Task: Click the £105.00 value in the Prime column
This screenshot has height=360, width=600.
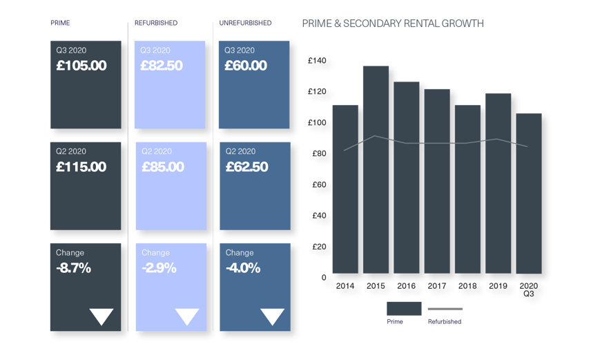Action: (x=81, y=66)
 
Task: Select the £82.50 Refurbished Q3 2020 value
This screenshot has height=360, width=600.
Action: (x=162, y=66)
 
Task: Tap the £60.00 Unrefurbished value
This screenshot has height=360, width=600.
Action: (x=246, y=66)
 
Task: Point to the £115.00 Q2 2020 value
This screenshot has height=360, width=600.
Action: (x=81, y=167)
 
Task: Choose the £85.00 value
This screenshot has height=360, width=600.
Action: (x=163, y=167)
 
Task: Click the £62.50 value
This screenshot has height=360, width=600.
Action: (x=247, y=167)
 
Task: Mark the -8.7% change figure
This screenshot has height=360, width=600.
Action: (x=74, y=268)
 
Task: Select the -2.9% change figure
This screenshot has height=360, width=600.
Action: (x=158, y=268)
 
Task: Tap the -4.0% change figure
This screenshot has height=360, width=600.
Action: (x=243, y=268)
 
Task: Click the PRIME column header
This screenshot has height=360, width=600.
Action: (x=60, y=23)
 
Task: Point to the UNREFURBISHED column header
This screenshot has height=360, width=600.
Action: (x=245, y=23)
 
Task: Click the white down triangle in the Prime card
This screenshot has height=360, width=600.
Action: (x=101, y=316)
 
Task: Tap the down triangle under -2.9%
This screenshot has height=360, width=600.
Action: (x=186, y=316)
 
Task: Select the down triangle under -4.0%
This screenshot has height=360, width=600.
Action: (x=272, y=316)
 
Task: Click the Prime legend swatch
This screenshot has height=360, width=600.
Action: (x=404, y=308)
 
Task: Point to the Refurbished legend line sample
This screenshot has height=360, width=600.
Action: (x=445, y=309)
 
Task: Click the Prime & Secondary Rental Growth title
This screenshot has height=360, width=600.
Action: (x=393, y=23)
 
